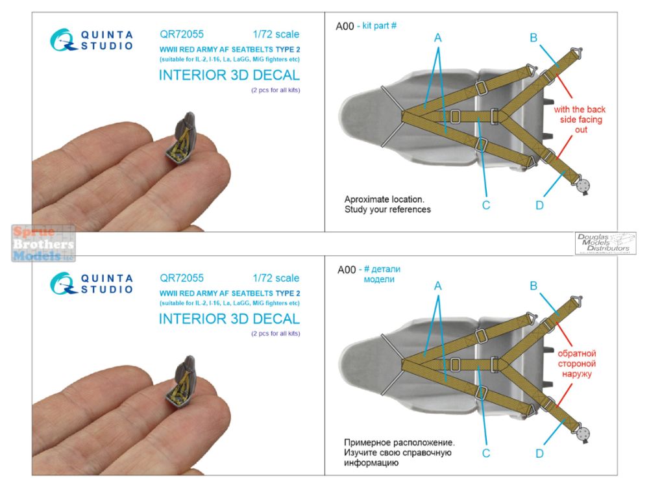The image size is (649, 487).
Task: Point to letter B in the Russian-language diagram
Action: coord(533,285)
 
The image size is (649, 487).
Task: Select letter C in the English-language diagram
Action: coord(485,206)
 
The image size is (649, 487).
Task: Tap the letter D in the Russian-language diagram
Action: coord(539,453)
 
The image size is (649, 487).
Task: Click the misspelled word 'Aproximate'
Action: coord(369,199)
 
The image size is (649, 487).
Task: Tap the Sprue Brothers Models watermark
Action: coord(43,243)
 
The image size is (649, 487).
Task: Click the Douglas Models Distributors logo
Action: coord(605,243)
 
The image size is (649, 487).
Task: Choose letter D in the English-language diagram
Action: coord(539,206)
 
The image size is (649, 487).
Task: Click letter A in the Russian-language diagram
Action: coord(438,285)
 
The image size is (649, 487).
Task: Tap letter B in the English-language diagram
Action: coord(533,38)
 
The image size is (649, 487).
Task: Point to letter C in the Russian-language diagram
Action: coord(485,453)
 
